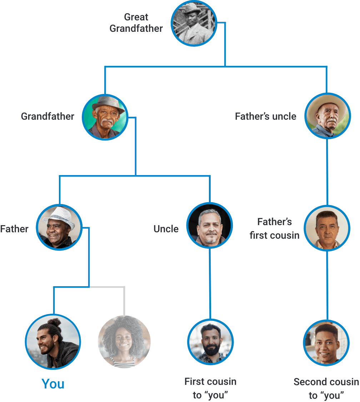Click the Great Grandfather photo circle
194,24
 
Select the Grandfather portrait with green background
105,117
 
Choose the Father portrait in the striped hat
60,227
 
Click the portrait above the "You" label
53,341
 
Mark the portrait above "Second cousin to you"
326,342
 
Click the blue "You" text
53,384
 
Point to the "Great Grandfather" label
136,23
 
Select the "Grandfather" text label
47,116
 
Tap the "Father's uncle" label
266,116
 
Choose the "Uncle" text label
166,229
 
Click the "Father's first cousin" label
275,228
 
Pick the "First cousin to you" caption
210,388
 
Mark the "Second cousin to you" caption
326,388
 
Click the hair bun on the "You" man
54,322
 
